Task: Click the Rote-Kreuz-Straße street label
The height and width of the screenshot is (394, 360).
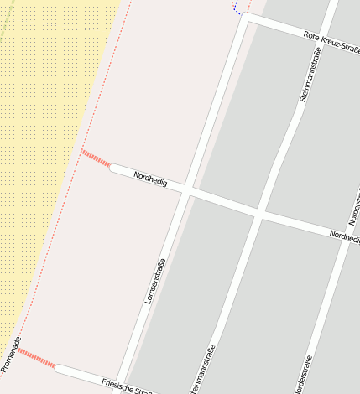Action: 332,42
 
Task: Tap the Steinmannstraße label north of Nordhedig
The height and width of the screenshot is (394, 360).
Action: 310,75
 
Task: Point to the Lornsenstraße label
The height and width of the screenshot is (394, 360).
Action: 154,280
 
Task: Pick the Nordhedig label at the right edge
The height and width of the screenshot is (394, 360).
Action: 344,237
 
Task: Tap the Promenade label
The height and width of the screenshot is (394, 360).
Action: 10,354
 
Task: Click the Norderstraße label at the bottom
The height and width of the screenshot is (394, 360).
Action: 303,374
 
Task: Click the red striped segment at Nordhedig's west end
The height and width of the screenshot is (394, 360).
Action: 96,158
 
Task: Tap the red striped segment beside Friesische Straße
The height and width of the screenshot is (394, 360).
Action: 37,359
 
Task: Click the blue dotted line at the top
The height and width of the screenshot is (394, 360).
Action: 237,8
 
